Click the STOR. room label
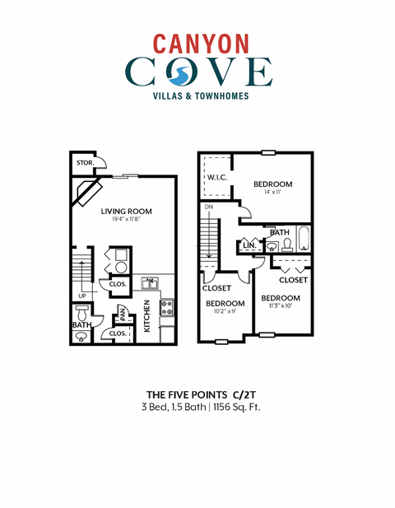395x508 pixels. point(85,163)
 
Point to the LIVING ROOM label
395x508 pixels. point(127,212)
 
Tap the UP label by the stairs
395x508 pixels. point(82,296)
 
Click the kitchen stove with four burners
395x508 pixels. point(167,308)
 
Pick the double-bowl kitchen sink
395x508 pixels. point(151,284)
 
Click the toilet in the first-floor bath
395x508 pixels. point(81,315)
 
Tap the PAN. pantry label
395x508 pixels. point(121,312)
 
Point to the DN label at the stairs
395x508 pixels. point(209,207)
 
